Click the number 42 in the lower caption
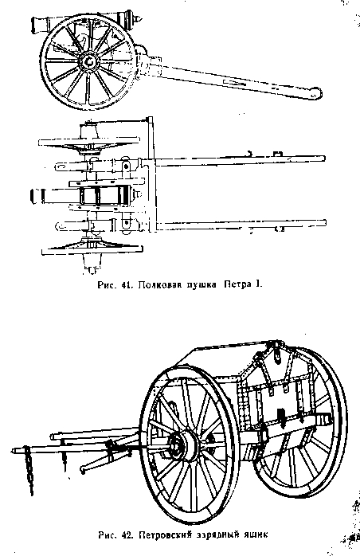pyautogui.click(x=127, y=535)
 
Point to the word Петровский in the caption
pyautogui.click(x=165, y=535)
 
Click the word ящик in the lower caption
pyautogui.click(x=255, y=534)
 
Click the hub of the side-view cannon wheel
pyautogui.click(x=88, y=61)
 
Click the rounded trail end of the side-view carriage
pyautogui.click(x=314, y=94)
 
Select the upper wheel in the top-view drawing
pyautogui.click(x=89, y=143)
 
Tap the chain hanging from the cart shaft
pyautogui.click(x=29, y=470)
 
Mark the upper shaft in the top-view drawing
pyautogui.click(x=240, y=161)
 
